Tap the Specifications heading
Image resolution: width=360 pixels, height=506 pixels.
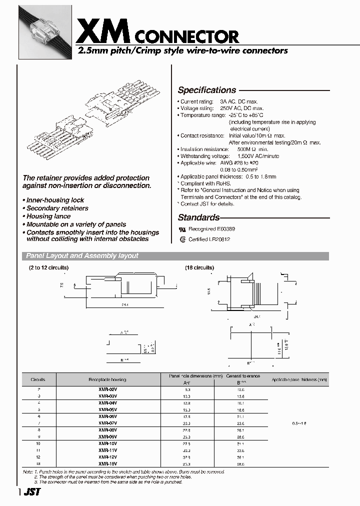[207, 90]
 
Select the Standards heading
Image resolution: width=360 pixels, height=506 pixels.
[198, 217]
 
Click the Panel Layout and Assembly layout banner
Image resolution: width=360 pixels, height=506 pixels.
[82, 255]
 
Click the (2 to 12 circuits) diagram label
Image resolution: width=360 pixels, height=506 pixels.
[48, 268]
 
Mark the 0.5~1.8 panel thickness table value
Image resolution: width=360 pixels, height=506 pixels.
[299, 422]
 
